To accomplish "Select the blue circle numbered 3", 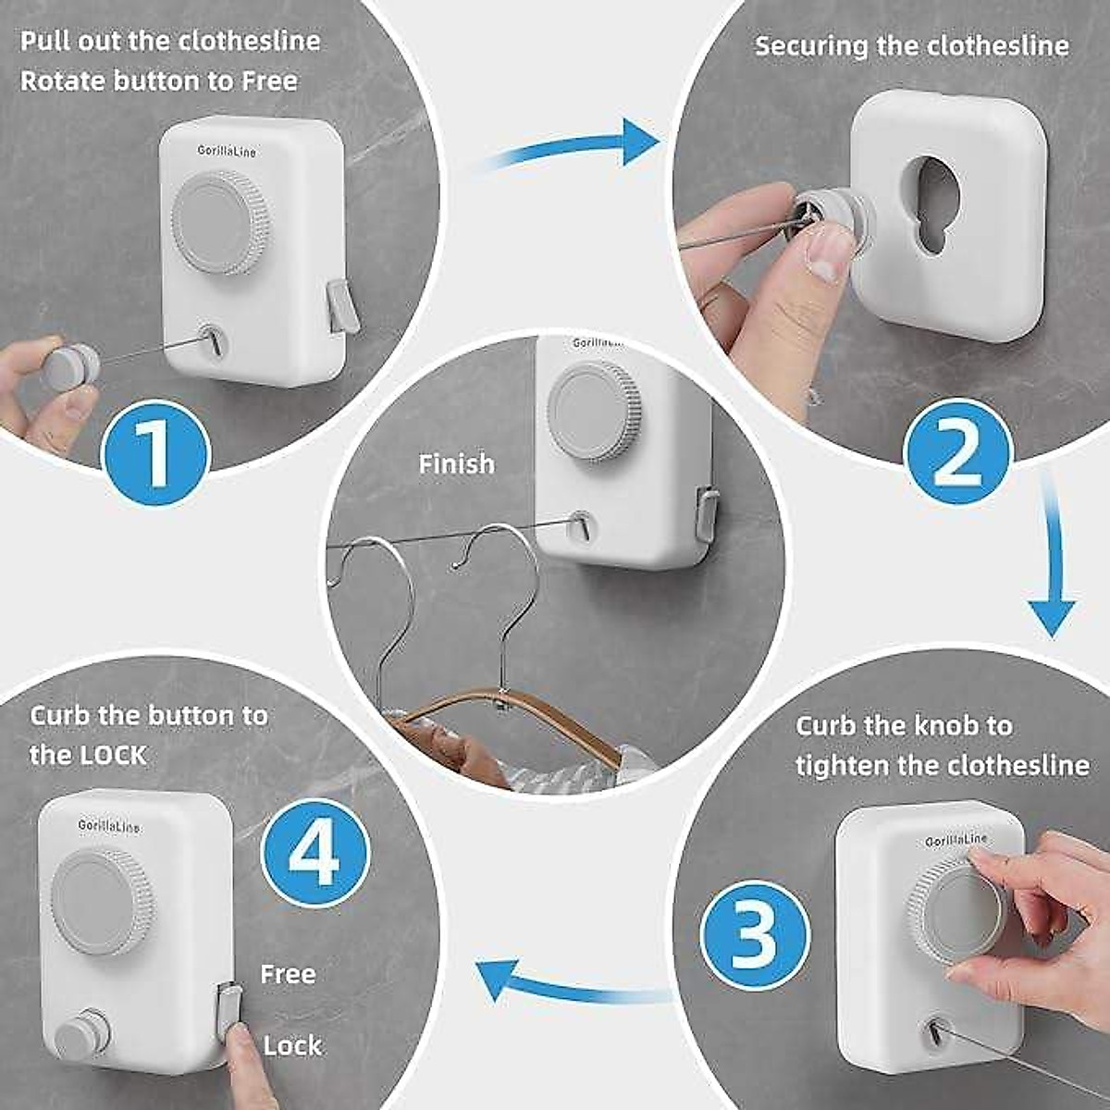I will click(x=755, y=934).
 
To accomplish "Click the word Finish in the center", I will click(x=456, y=463).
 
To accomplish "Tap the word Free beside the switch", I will click(x=288, y=974).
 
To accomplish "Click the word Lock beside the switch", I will click(x=292, y=1045).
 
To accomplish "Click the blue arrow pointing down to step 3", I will click(x=1053, y=564).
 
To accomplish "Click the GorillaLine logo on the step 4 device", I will click(x=109, y=825).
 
